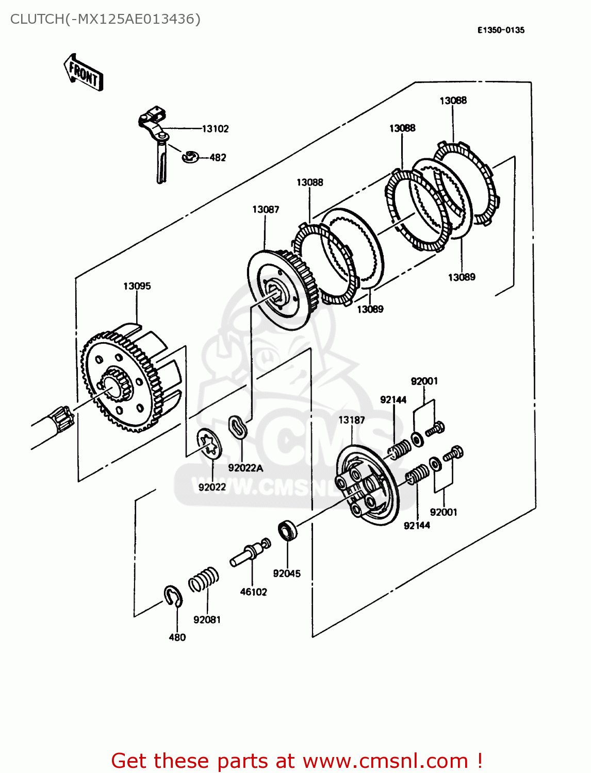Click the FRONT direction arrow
coord(83,73)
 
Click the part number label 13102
coord(215,129)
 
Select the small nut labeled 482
coord(190,156)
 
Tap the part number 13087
coord(266,209)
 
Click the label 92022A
coord(245,468)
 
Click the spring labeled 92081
coord(203,580)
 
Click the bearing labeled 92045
coord(287,531)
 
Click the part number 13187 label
coord(351,420)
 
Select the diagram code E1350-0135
coord(500,30)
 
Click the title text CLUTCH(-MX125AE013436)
coord(105,19)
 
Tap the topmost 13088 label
coord(453,100)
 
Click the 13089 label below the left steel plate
coord(370,309)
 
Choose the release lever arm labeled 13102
coord(154,134)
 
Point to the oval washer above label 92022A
coord(237,427)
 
